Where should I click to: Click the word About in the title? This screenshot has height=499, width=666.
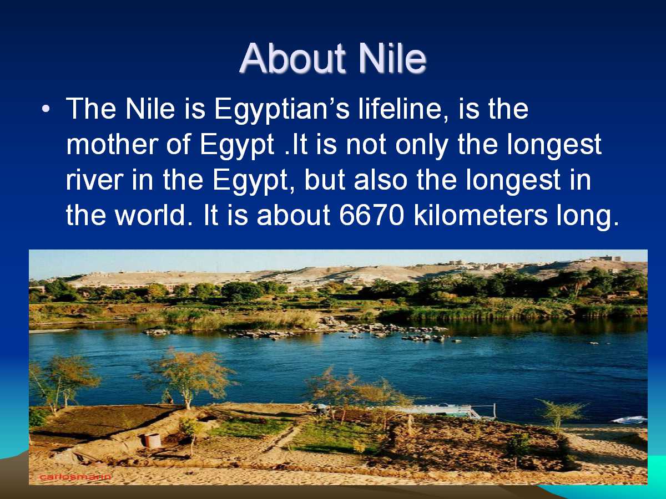(292, 58)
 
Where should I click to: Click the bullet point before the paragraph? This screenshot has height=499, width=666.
(46, 109)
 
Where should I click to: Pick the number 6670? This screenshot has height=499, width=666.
(372, 216)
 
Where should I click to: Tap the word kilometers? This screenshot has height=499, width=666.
(481, 215)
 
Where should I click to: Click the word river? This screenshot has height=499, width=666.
(95, 181)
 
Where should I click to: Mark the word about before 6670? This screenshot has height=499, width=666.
(294, 215)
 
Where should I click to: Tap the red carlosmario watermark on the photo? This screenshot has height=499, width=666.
(75, 477)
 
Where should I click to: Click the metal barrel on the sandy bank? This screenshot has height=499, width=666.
(152, 441)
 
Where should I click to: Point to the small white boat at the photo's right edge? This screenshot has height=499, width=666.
(630, 420)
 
